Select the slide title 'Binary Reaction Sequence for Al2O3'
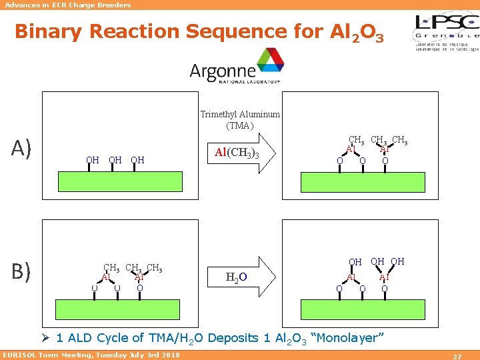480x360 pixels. point(199,31)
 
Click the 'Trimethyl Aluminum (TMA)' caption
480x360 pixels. point(240,119)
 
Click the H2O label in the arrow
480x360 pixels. point(236,277)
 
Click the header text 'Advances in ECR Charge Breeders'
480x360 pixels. point(67,5)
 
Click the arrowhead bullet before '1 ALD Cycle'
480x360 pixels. point(47,338)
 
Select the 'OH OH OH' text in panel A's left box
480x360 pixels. point(115,160)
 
